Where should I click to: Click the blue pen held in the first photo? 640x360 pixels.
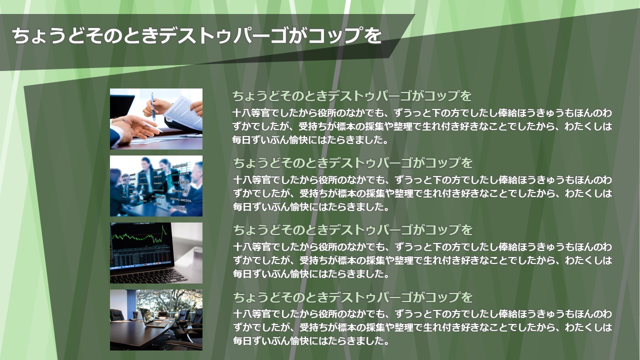click(153, 106)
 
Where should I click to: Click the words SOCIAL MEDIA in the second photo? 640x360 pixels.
click(180, 199)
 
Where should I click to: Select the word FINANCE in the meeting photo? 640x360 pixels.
click(157, 183)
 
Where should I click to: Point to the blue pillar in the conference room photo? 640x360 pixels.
click(131, 303)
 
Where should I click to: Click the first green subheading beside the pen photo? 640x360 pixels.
click(351, 96)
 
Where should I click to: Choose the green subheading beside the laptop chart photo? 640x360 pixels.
click(353, 230)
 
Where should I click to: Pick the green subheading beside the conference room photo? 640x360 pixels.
click(353, 297)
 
